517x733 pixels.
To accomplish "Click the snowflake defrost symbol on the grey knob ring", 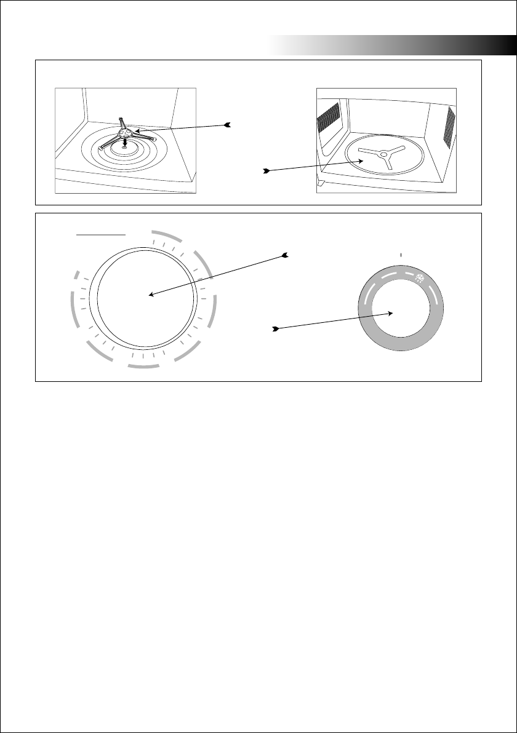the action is point(422,277).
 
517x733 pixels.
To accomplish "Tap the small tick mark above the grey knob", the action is point(401,254).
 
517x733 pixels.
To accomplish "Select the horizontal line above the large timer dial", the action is point(101,234).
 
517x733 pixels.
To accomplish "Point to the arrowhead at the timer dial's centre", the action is point(150,295).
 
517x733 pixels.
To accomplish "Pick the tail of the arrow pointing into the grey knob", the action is point(276,330).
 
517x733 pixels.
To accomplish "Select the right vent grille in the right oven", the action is point(449,130).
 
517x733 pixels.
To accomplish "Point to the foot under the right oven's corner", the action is point(319,183).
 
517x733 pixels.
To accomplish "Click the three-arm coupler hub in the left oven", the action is point(126,130).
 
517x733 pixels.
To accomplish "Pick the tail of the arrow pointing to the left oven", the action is point(228,125).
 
